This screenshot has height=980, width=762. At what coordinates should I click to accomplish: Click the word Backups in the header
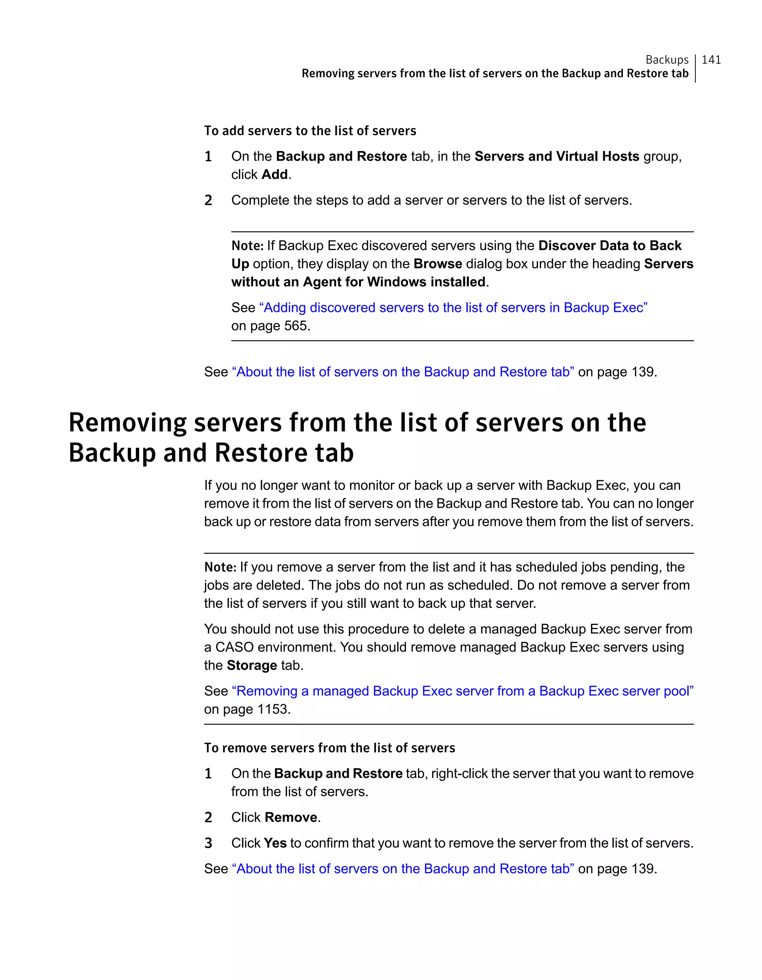click(x=666, y=60)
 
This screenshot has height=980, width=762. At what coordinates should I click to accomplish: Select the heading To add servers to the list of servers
click(x=310, y=131)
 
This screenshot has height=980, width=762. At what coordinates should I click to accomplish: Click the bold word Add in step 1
click(x=275, y=175)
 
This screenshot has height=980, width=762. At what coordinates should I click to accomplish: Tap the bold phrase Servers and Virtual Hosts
click(x=556, y=156)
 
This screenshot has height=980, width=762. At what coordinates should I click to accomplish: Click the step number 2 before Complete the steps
click(x=208, y=200)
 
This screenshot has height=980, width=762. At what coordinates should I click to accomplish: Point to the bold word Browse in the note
click(x=437, y=264)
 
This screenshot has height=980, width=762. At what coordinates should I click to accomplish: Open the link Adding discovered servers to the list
click(x=453, y=307)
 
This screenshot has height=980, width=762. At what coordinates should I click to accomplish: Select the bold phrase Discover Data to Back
click(x=609, y=245)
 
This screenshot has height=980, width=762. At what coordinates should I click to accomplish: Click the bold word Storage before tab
click(x=252, y=665)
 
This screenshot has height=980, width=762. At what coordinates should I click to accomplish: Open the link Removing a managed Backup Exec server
click(x=462, y=691)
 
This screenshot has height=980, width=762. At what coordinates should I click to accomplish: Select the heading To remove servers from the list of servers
click(x=329, y=748)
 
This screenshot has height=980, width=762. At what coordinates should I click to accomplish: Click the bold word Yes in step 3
click(x=275, y=843)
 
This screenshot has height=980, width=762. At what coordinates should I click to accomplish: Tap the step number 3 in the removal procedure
click(x=208, y=843)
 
